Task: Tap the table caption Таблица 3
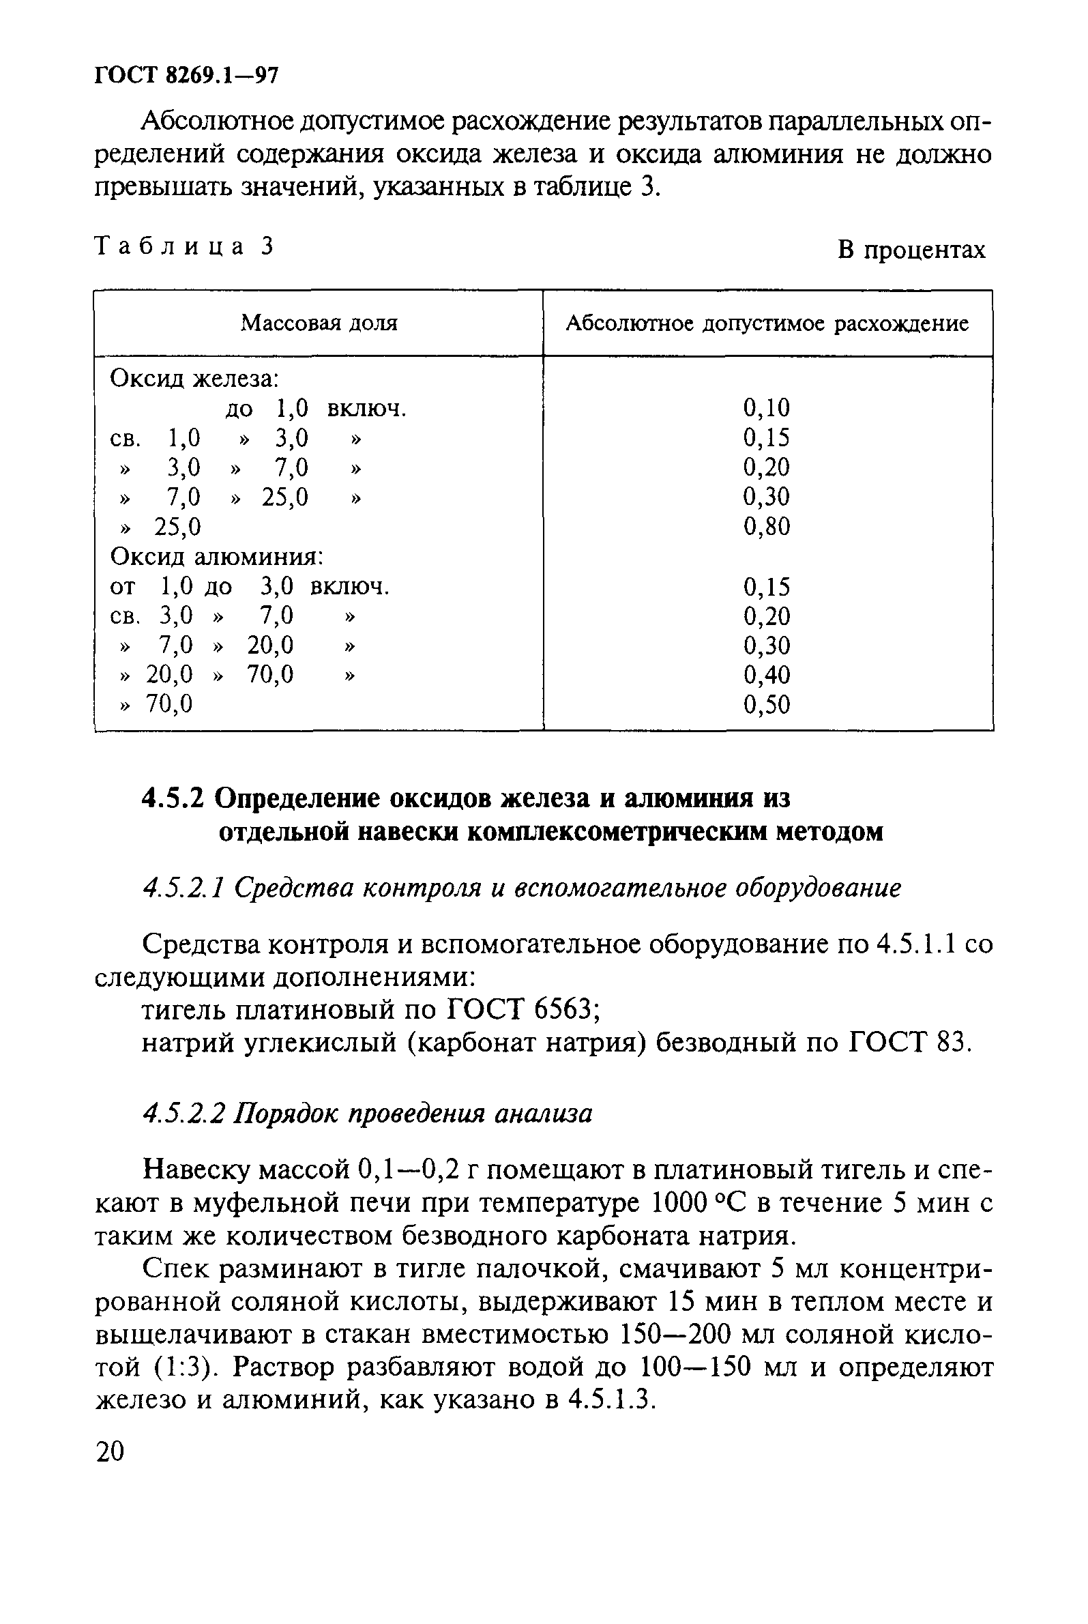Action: (x=184, y=246)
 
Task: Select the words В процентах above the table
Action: (x=911, y=249)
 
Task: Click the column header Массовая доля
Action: (x=319, y=323)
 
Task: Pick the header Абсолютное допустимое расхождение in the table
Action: (x=767, y=323)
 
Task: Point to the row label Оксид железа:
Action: (x=194, y=379)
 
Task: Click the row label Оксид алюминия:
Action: (x=217, y=557)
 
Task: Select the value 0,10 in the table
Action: (x=766, y=408)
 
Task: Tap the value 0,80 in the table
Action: (x=766, y=527)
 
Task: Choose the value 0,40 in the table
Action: (x=766, y=675)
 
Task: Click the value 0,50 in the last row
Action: (x=766, y=705)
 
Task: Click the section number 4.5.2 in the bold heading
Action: (x=173, y=800)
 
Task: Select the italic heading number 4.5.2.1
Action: (x=181, y=888)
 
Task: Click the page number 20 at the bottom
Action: (x=111, y=1451)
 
